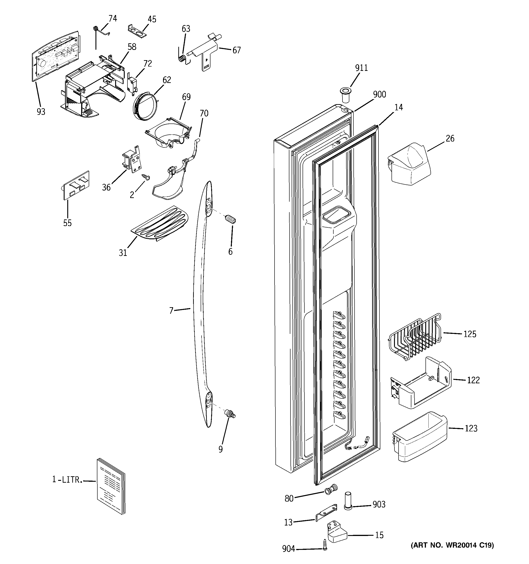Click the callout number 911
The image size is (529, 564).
[361, 68]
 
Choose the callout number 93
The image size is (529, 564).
[41, 112]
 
